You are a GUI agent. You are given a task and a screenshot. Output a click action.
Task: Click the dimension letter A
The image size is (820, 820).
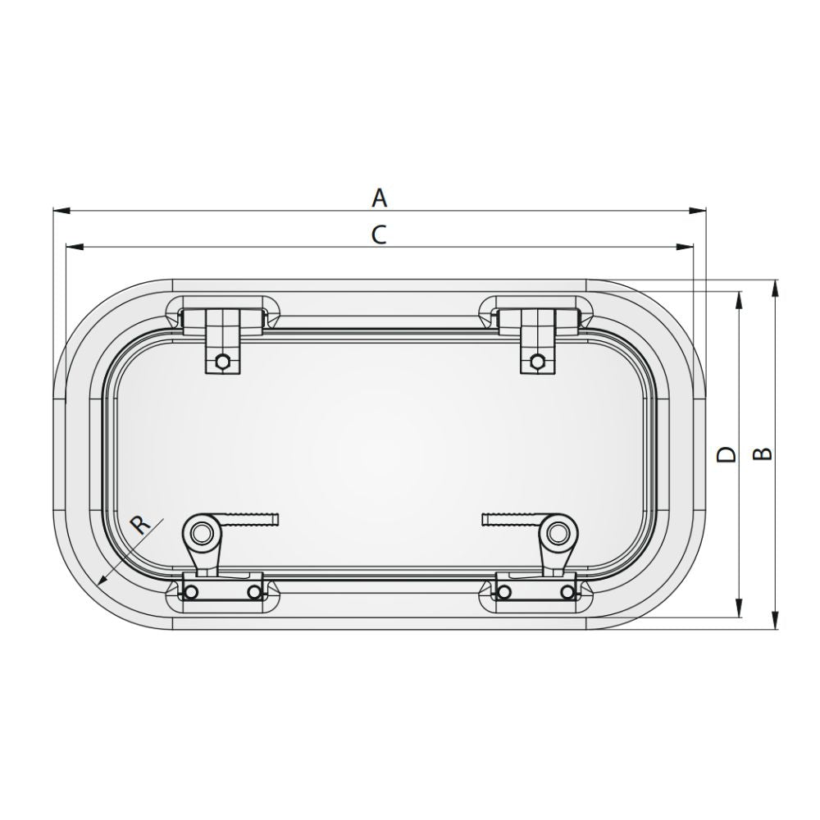[x=379, y=198]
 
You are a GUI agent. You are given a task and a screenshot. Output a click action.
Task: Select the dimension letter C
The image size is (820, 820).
[x=378, y=235]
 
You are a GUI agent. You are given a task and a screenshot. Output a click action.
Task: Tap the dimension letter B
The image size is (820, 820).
[x=763, y=453]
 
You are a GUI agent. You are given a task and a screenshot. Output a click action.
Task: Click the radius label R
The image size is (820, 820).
[x=142, y=524]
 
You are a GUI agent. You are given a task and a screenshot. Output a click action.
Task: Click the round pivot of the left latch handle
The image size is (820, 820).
[x=201, y=533]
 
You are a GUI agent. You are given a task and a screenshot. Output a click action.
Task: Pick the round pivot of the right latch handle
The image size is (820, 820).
[x=560, y=533]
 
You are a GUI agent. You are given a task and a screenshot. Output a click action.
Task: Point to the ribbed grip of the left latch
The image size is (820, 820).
[x=254, y=519]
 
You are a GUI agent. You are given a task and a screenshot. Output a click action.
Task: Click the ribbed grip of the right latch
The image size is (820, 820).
[x=508, y=519]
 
